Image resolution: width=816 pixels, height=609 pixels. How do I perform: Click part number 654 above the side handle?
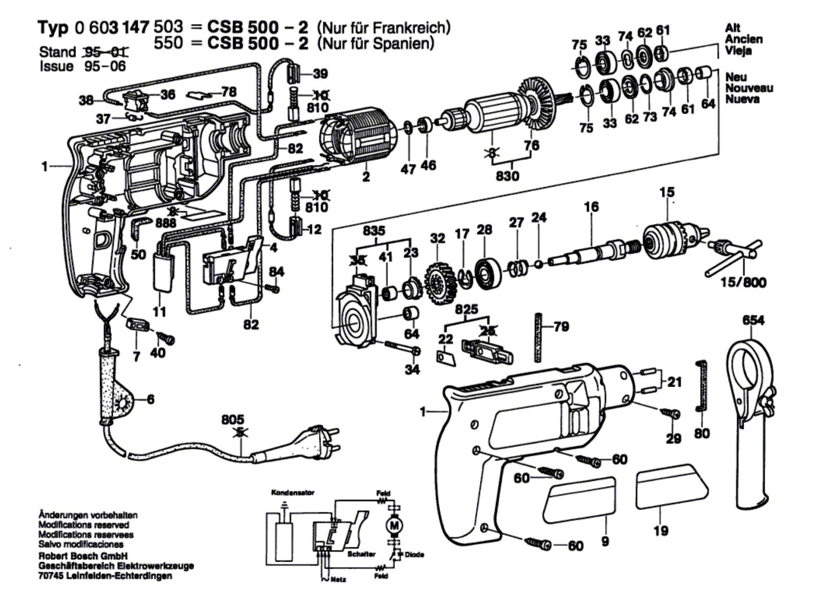753,321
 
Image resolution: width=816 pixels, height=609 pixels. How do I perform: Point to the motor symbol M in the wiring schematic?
393,524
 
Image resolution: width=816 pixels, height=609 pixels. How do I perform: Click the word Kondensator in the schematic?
292,493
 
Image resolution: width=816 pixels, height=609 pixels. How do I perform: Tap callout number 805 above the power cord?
233,419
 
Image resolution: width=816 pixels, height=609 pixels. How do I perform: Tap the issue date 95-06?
105,66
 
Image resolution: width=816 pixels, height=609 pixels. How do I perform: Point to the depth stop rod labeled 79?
538,337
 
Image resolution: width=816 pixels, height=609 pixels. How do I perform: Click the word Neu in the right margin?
736,77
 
